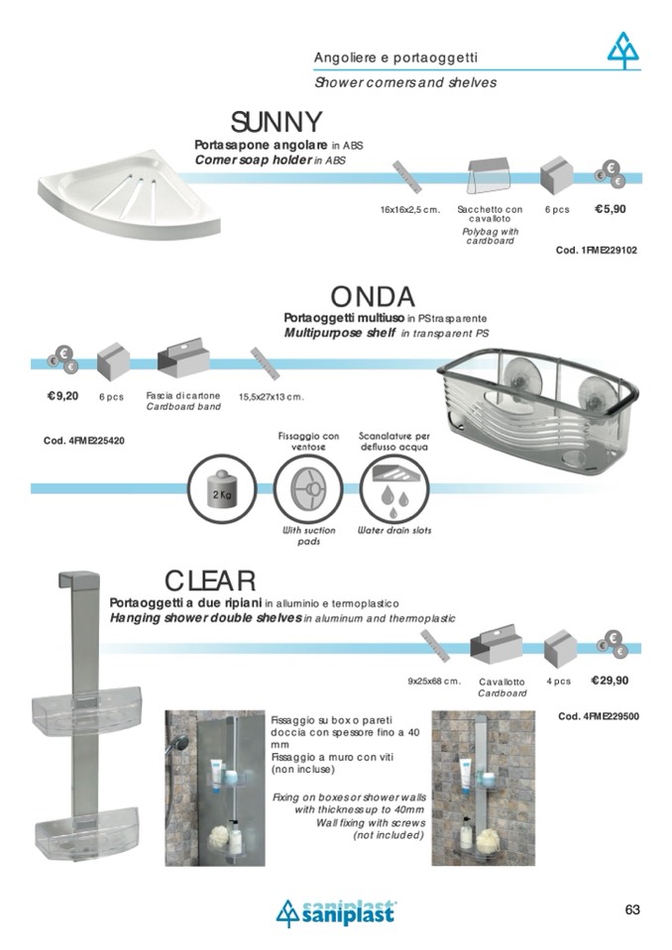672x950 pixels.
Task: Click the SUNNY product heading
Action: point(277,122)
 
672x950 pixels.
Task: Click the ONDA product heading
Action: point(373,297)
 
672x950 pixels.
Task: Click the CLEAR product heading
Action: point(210,581)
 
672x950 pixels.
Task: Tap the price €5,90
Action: point(611,210)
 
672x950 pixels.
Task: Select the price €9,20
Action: point(63,397)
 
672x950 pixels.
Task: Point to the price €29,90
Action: point(610,681)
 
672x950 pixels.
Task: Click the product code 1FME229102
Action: point(597,251)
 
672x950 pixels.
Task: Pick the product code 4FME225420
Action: point(84,441)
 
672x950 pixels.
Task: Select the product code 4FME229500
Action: point(599,717)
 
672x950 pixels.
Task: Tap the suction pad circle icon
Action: point(308,488)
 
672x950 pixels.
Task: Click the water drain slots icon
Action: point(394,488)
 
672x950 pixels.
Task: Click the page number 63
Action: point(632,910)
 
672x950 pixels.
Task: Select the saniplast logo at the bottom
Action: point(335,912)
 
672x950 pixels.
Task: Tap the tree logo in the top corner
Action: point(622,51)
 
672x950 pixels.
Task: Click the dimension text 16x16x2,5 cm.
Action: point(410,210)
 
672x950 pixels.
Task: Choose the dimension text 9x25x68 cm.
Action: point(434,682)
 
